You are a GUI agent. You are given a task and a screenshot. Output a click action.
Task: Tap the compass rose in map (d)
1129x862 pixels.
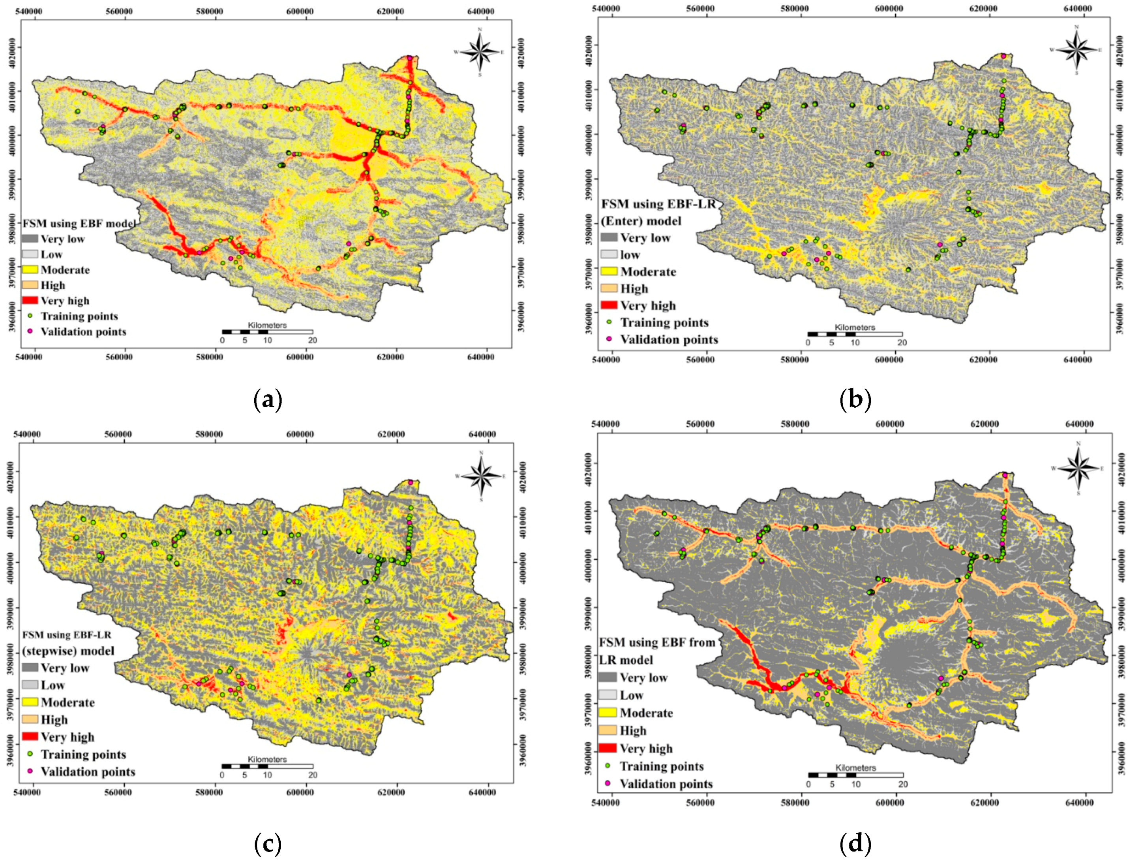(x=1078, y=468)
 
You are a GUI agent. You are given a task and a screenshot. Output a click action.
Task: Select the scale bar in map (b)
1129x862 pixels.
(x=854, y=334)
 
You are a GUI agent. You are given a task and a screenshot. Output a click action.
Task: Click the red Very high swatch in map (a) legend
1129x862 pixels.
(x=30, y=300)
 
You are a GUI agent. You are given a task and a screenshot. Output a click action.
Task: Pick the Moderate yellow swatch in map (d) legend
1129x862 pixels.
(x=607, y=713)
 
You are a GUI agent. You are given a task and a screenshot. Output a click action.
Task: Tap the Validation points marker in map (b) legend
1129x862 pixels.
(x=609, y=339)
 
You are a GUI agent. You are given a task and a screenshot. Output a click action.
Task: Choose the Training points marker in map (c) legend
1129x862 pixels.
(x=30, y=754)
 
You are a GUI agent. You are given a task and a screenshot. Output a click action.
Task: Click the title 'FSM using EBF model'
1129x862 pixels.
(x=79, y=224)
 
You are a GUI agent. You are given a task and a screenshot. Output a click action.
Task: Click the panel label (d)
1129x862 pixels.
(x=855, y=843)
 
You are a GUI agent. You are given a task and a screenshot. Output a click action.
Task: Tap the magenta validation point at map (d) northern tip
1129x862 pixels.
(x=1004, y=475)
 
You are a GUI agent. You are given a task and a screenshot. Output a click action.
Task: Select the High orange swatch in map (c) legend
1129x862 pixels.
(x=30, y=719)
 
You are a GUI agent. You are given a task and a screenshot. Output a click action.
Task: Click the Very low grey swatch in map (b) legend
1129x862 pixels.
(x=609, y=237)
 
